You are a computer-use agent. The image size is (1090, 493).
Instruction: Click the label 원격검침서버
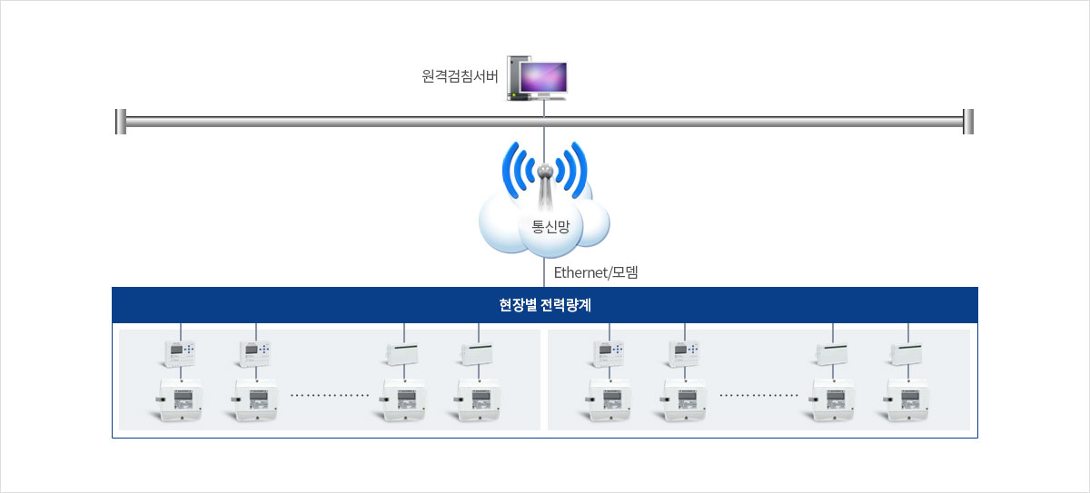coord(460,77)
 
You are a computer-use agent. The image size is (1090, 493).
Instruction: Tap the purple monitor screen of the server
coord(543,78)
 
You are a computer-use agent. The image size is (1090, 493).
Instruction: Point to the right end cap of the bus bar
coord(968,121)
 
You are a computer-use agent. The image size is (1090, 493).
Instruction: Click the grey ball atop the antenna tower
coord(545,171)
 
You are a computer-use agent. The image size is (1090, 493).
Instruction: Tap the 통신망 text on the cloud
coord(550,227)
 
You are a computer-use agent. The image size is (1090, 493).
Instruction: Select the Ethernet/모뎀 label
coord(596,271)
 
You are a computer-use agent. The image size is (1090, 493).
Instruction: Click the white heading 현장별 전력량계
coord(545,305)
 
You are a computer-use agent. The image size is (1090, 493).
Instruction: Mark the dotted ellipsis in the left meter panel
coord(330,396)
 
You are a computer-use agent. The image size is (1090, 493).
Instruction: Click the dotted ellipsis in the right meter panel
coord(758,396)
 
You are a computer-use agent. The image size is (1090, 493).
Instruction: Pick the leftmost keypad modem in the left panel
coord(181,351)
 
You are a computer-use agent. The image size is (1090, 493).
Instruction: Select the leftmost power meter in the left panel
coord(181,399)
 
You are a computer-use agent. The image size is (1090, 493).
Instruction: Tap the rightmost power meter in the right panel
coord(907,399)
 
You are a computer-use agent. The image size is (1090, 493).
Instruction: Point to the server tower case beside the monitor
coord(515,79)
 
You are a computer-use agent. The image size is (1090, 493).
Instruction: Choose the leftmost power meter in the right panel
coord(609,399)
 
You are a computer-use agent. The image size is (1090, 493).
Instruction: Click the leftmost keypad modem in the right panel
coord(609,351)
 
